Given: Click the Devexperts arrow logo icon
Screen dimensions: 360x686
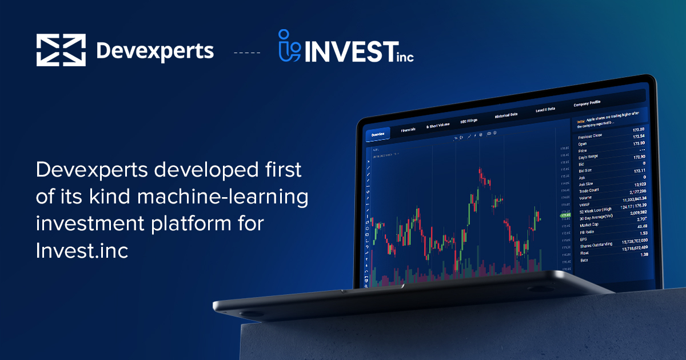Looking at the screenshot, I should (x=61, y=50).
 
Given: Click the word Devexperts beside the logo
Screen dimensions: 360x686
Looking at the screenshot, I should (x=155, y=51).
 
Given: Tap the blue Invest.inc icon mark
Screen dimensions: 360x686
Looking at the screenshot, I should (x=290, y=46).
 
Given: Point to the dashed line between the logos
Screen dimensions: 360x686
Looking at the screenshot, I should (x=247, y=53).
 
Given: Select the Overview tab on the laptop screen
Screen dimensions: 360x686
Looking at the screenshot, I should (x=378, y=135).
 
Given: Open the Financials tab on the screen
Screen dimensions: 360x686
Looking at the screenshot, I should (x=408, y=130).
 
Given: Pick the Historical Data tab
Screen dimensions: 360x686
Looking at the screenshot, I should (x=506, y=114).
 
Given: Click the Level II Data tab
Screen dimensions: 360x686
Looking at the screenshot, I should (x=545, y=109).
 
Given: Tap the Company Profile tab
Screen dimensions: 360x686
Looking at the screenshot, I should (x=587, y=103).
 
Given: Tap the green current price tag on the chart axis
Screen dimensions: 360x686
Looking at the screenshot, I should (x=566, y=215).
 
